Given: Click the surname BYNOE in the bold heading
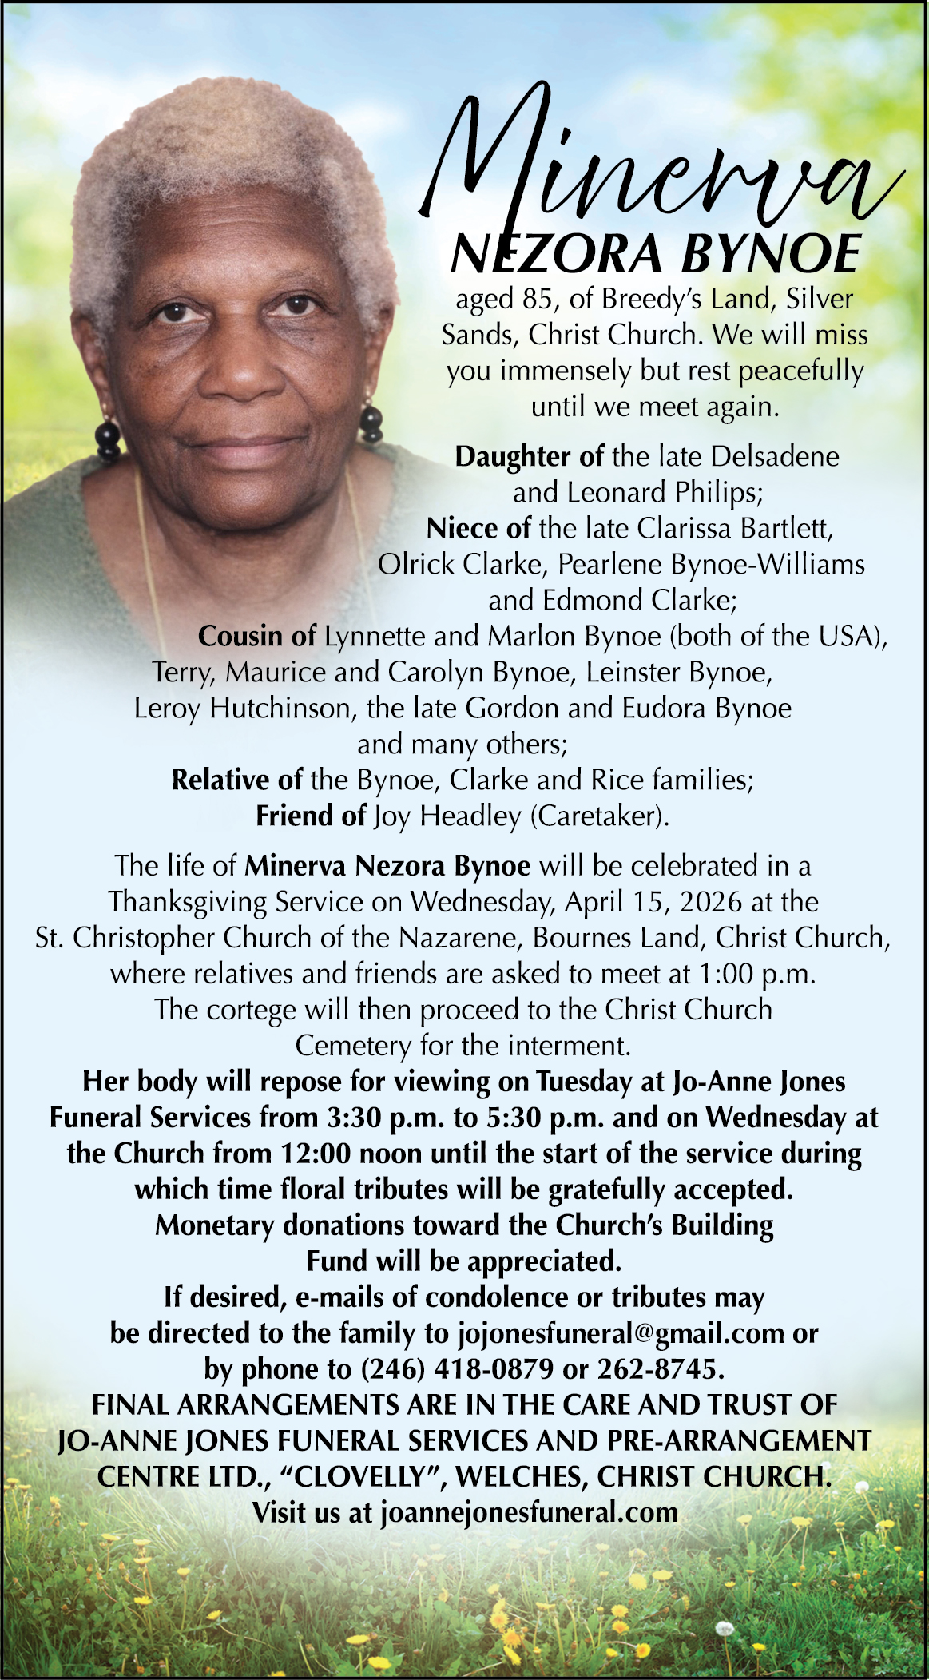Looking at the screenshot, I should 770,254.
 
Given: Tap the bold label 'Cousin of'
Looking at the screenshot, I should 257,636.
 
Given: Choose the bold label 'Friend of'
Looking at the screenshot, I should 311,816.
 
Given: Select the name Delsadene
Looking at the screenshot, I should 775,456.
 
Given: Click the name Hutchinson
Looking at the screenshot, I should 280,708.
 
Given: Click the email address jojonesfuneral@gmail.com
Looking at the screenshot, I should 621,1332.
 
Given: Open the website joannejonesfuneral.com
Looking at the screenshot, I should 530,1511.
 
